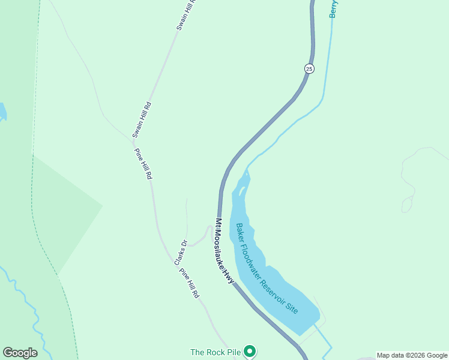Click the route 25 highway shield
click(x=309, y=68)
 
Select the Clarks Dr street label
click(x=181, y=253)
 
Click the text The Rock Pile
click(x=216, y=352)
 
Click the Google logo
click(x=20, y=353)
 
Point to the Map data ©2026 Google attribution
click(x=412, y=355)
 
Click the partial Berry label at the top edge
click(x=333, y=9)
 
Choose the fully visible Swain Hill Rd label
click(x=142, y=119)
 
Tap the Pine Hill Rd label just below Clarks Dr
click(x=189, y=283)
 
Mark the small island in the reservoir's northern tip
click(x=241, y=191)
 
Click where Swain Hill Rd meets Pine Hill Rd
click(x=134, y=140)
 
